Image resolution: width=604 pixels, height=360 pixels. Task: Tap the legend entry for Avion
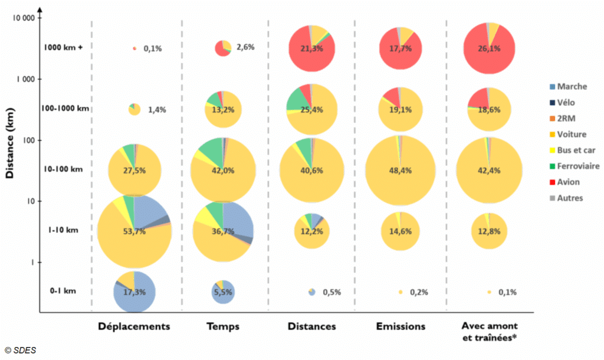pos(567,182)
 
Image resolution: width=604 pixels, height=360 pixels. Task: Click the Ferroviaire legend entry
pos(575,166)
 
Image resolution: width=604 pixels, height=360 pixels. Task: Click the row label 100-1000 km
pos(66,109)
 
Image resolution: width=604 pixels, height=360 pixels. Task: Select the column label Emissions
pos(400,326)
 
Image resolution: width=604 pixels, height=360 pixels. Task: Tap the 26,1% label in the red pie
pos(489,48)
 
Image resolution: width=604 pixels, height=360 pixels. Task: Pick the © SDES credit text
pos(21,350)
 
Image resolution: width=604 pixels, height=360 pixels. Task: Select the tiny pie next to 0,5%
pos(312,292)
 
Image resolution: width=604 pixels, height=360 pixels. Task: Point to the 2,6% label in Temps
pos(245,47)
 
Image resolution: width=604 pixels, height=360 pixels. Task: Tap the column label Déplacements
pos(134,326)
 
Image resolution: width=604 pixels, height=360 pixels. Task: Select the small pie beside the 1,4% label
pos(134,109)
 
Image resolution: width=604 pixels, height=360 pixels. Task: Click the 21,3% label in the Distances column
pos(311,48)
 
